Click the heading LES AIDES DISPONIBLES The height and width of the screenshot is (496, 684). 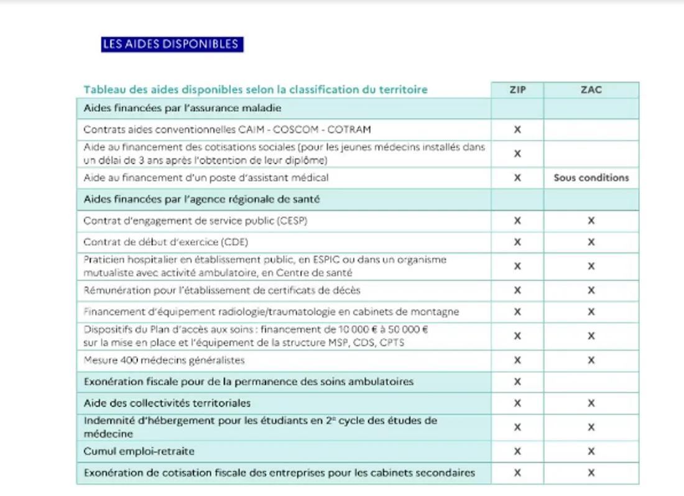[x=172, y=44]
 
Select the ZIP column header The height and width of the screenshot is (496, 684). [x=517, y=90]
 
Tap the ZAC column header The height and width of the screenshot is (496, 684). [x=591, y=90]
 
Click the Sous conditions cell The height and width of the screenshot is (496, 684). [x=591, y=178]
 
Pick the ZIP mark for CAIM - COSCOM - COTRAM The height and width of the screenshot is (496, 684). [x=517, y=130]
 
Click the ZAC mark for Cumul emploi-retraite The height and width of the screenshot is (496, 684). [x=591, y=451]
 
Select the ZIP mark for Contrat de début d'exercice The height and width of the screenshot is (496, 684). [x=517, y=242]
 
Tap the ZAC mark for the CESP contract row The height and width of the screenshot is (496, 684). [x=591, y=221]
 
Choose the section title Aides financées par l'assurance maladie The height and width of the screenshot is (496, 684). [x=183, y=108]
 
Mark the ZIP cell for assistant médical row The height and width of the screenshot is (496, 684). [x=517, y=178]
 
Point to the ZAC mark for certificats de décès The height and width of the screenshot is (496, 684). [x=591, y=290]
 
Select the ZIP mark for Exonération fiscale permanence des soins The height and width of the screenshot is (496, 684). [x=517, y=381]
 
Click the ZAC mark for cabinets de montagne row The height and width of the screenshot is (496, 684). [x=591, y=312]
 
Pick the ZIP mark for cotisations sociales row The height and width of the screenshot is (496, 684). [x=517, y=154]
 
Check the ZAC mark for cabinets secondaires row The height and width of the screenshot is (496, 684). [x=591, y=472]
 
